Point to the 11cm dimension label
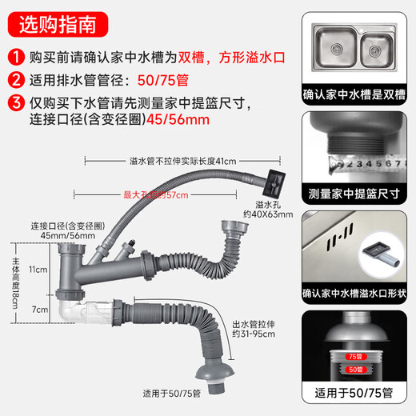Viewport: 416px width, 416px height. (x=38, y=270)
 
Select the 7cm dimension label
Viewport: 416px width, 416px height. (x=38, y=309)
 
